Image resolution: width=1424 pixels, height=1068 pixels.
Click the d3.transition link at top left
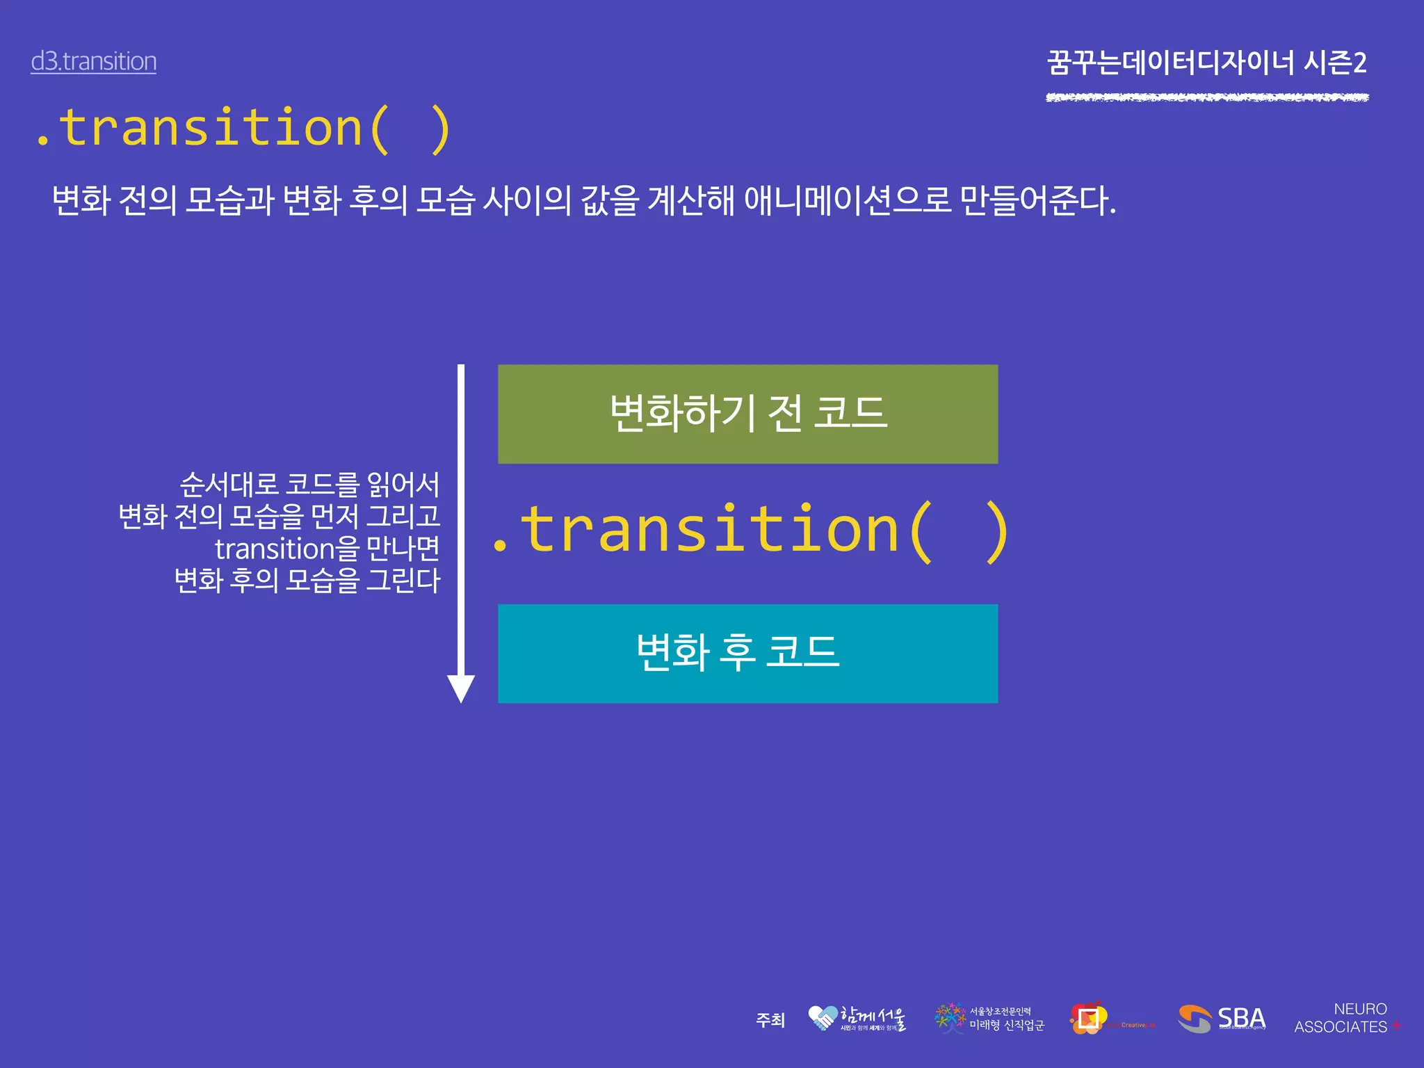[93, 61]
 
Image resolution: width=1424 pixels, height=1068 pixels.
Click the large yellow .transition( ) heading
[243, 129]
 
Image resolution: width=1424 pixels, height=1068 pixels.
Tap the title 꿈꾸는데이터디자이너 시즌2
[1206, 63]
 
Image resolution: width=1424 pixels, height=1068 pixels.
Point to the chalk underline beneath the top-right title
[1206, 97]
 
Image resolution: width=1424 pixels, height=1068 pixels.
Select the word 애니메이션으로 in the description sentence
[847, 200]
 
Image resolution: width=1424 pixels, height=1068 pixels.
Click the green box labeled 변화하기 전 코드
[747, 414]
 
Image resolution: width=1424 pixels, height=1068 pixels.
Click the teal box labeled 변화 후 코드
[747, 654]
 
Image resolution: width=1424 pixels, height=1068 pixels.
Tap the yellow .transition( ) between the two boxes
[750, 532]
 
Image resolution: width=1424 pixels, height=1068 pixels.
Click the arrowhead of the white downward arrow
[460, 688]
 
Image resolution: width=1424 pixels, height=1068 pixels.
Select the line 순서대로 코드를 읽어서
[309, 485]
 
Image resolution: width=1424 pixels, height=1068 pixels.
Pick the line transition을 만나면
[327, 549]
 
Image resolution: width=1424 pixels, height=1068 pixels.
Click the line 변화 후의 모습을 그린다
[307, 580]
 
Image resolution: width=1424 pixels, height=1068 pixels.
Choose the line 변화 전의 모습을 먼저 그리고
[280, 517]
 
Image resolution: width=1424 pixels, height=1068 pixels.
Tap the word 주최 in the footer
[770, 1020]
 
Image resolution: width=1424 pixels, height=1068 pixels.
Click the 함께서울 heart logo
[857, 1019]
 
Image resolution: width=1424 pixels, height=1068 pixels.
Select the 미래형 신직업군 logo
[989, 1019]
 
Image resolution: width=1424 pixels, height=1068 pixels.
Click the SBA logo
[1222, 1019]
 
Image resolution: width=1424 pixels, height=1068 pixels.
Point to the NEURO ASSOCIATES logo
[1345, 1018]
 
